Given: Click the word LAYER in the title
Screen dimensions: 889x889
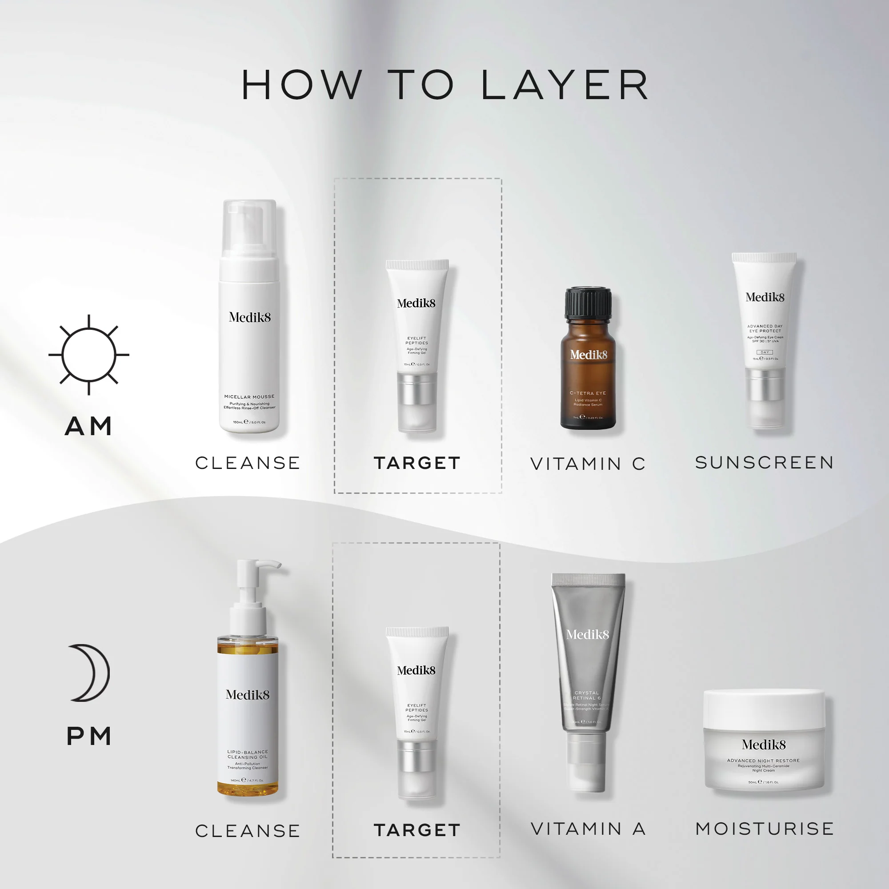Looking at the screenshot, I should tap(565, 85).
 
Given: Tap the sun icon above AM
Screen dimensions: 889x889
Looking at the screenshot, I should tap(89, 355).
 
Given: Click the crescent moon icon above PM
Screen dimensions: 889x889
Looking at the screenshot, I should tap(90, 673).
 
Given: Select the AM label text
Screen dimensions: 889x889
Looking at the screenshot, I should tap(89, 426).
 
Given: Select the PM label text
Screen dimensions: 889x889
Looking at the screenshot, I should tap(89, 736).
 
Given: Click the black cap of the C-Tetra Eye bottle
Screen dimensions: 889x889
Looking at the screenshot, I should tap(588, 303).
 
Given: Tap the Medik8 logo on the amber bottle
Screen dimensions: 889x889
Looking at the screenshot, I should tap(589, 355).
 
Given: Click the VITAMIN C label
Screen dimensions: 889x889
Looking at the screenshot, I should tap(588, 464).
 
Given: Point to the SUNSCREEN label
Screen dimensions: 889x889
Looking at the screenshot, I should tap(764, 462).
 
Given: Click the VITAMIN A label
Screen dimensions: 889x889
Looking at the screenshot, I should tap(588, 829).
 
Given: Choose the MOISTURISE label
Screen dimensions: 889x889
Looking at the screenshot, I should tap(764, 829).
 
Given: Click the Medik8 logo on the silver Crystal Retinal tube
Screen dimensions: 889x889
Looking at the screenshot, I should tap(588, 635).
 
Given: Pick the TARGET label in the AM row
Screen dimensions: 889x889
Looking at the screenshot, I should tap(417, 463).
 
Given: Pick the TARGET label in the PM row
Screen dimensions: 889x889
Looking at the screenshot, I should tap(417, 830).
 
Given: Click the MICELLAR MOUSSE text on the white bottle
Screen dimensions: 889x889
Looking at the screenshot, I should tap(249, 396).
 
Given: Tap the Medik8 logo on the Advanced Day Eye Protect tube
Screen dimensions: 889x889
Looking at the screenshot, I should tap(765, 297).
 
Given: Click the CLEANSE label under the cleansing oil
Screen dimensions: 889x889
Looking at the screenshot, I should tap(248, 831).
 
